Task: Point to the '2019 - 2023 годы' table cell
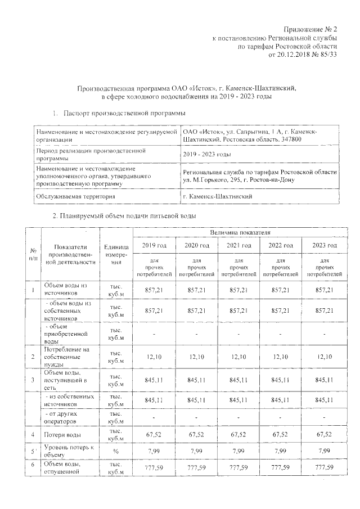point(207,155)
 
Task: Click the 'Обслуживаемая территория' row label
point(75,196)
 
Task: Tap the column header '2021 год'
point(238,246)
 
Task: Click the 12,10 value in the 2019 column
point(154,357)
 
